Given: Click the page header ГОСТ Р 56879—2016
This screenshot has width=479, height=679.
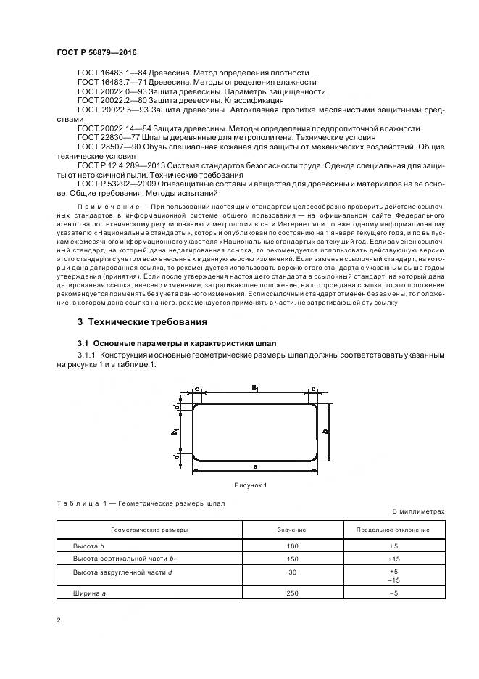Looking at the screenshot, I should click(x=96, y=53).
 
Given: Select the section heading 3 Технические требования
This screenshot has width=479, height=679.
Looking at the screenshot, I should click(x=142, y=321).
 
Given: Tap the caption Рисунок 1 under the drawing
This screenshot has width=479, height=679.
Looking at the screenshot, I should click(x=250, y=485).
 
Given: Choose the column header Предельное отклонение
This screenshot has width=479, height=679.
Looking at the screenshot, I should click(x=392, y=530).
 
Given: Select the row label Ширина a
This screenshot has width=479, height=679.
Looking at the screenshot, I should click(x=88, y=593).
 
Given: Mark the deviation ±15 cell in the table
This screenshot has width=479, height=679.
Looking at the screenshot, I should click(x=392, y=559).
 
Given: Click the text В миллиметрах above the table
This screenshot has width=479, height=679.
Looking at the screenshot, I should click(x=418, y=511).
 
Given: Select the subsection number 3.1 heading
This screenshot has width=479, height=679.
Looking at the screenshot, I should click(x=83, y=342).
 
